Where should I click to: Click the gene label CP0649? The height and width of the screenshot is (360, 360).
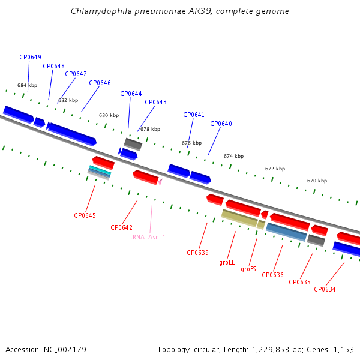[x=31, y=57]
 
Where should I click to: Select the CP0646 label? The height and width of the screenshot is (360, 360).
[x=100, y=83]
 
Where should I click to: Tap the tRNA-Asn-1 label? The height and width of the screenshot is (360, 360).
[x=148, y=237]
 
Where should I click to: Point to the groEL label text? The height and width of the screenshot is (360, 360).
[x=227, y=262]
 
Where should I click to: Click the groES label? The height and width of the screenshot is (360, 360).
[x=248, y=269]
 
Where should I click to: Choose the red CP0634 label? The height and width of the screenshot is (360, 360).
[x=325, y=289]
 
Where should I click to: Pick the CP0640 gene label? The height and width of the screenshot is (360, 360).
[x=221, y=124]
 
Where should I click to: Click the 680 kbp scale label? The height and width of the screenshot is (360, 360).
[x=109, y=115]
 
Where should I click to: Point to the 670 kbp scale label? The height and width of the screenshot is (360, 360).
[x=317, y=181]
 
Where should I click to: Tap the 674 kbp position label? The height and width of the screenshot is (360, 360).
[x=234, y=156]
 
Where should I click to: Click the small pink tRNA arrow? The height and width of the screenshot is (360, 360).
[x=160, y=182]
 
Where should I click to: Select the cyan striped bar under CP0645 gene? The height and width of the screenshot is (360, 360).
[x=100, y=170]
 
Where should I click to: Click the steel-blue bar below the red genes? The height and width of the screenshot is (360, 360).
[x=286, y=232]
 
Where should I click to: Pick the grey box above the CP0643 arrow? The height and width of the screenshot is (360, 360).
[x=133, y=144]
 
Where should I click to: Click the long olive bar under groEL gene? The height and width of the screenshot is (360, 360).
[x=239, y=218]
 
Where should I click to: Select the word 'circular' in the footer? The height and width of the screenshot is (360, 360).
[x=207, y=350]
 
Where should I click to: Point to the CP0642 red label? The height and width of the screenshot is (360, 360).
[x=121, y=227]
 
